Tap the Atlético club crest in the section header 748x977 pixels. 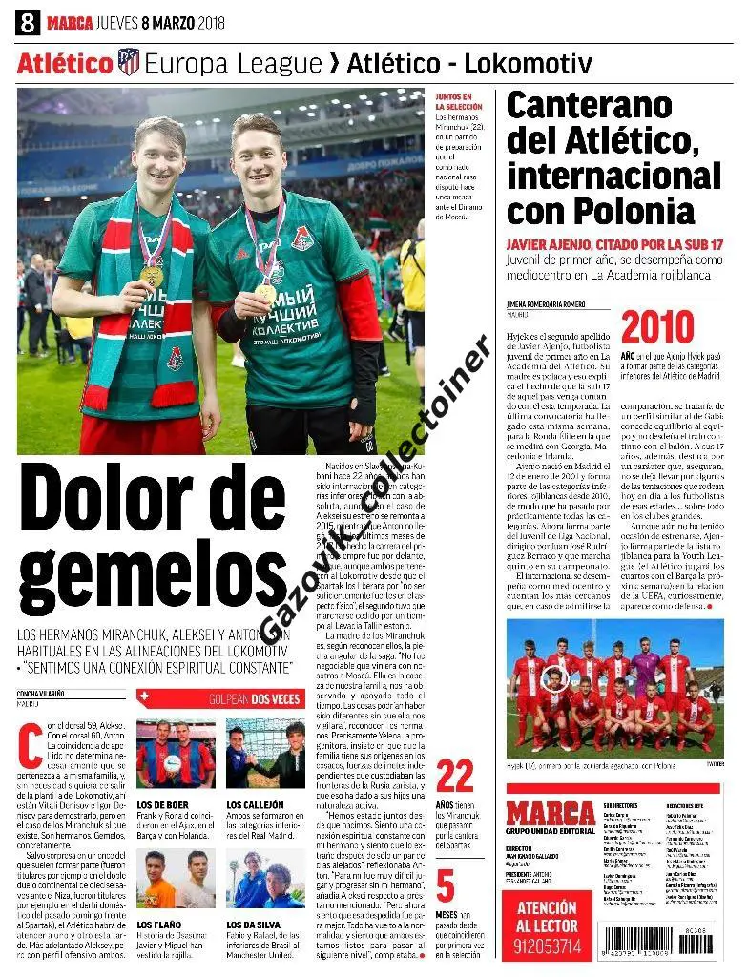point(128,63)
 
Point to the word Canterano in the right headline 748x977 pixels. point(590,106)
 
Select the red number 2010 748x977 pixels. point(656,327)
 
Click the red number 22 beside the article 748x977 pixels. point(454,777)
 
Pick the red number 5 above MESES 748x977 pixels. point(446,886)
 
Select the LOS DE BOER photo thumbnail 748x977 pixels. point(176,754)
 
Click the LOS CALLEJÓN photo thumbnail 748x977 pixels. point(265,754)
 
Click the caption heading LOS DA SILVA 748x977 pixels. point(257,925)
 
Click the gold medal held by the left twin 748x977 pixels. point(151,276)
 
